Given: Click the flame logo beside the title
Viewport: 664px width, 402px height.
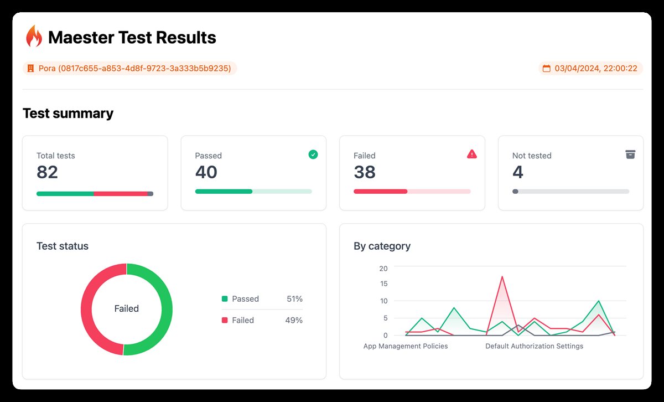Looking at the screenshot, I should (34, 37).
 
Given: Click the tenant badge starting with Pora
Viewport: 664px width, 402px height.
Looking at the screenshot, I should (129, 69).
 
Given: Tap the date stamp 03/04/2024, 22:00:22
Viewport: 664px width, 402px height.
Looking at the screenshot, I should (590, 69).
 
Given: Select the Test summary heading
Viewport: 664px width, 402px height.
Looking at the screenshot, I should (68, 114).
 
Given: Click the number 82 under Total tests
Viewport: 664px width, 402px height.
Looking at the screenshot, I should (47, 172).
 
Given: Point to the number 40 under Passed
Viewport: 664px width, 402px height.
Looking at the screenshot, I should (206, 172).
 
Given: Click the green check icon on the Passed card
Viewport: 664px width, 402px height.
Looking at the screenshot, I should (313, 154).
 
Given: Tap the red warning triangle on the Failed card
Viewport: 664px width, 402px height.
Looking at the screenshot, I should (472, 154).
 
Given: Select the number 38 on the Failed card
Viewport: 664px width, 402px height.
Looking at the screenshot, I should (365, 172).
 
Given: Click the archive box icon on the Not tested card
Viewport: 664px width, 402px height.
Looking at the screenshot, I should (630, 154).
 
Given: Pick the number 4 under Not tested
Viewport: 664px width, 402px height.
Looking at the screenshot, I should (517, 172).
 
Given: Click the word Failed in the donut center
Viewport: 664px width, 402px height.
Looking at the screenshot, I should (126, 309).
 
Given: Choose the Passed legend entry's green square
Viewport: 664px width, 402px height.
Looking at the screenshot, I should (225, 299).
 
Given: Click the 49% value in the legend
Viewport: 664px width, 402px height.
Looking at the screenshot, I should (294, 320).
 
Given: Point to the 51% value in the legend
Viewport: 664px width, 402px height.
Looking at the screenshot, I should (294, 299).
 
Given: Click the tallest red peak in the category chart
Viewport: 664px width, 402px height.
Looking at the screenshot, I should (502, 276).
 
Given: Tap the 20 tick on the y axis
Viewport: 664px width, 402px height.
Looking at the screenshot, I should (383, 268).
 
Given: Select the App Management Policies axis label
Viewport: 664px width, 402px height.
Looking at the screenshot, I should (406, 346).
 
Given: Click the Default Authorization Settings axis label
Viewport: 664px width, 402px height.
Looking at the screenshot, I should (534, 346).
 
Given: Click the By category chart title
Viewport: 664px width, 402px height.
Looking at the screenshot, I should (382, 246).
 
